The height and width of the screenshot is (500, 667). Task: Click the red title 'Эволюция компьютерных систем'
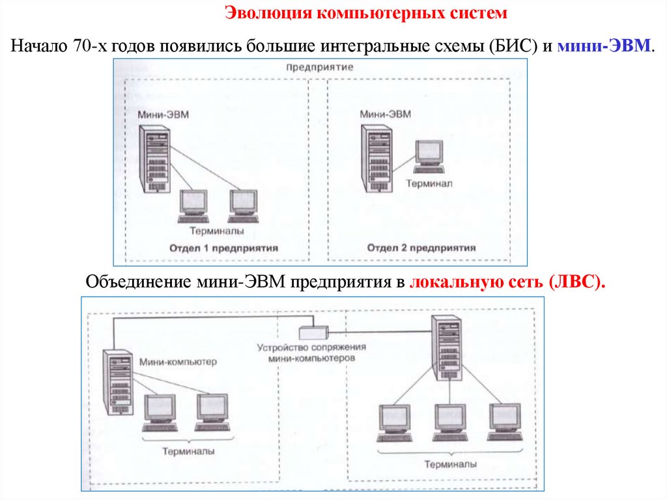point(365,13)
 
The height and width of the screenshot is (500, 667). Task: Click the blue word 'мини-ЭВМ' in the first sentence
point(603,46)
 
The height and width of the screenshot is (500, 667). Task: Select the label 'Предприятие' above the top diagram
point(320,67)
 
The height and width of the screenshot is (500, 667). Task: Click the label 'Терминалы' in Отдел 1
point(218,230)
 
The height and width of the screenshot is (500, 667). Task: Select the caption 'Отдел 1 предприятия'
point(223,248)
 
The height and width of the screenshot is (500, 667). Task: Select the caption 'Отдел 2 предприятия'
point(421,248)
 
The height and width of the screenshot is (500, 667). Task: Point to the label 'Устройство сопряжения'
point(312,347)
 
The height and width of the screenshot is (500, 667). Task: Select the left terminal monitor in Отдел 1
point(192,205)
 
